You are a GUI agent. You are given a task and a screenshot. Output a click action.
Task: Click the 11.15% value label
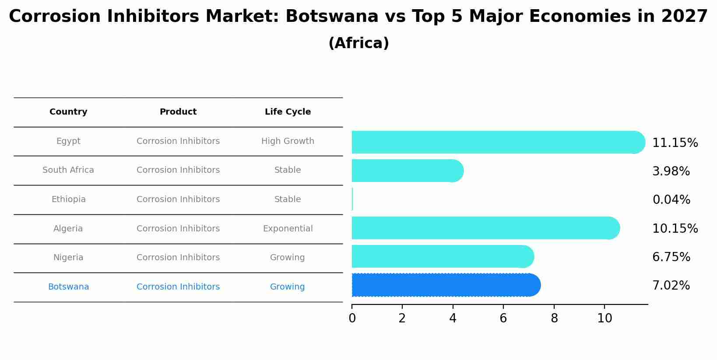[675, 143]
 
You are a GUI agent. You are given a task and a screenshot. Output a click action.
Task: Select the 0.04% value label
[671, 200]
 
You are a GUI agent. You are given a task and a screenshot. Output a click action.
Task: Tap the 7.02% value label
[671, 286]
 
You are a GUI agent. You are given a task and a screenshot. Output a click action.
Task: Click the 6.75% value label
[671, 257]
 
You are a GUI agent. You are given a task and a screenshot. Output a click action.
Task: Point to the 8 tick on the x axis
[554, 318]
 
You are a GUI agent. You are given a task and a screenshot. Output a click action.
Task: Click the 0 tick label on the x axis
[352, 318]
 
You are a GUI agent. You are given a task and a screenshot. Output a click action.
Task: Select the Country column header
[68, 112]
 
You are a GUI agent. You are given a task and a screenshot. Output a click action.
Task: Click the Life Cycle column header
[288, 112]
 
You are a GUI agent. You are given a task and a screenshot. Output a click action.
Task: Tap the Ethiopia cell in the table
[68, 199]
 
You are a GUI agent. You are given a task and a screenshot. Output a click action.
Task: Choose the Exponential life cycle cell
[288, 229]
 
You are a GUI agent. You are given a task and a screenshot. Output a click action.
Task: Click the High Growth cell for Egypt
[288, 141]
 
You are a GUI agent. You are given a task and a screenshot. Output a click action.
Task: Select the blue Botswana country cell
[68, 287]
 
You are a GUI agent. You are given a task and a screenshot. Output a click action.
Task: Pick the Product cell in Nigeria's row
[178, 258]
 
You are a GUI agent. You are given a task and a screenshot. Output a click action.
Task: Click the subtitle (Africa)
[358, 43]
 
